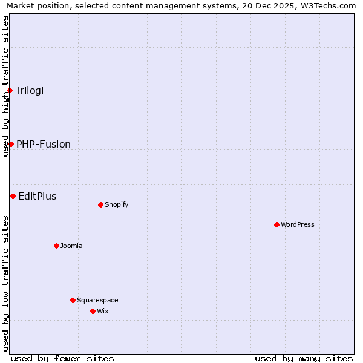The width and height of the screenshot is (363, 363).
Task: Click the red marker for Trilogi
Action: [x=10, y=90]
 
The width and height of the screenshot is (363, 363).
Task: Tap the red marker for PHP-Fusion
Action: [x=11, y=144]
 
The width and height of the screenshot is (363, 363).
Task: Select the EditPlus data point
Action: [x=13, y=196]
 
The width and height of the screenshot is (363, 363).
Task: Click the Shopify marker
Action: [x=100, y=204]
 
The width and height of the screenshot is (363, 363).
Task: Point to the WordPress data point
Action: [x=276, y=224]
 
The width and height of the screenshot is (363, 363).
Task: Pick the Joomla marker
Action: [x=56, y=246]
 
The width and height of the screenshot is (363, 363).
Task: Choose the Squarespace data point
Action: [x=73, y=300]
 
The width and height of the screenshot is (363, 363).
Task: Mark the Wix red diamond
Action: [x=93, y=311]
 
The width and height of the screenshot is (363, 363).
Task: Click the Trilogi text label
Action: [x=30, y=90]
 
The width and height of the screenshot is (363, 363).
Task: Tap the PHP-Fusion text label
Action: [x=44, y=144]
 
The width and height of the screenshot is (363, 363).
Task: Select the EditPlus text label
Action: [x=38, y=196]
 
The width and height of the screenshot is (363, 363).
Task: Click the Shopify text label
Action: [x=117, y=204]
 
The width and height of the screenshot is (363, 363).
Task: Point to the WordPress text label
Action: [x=298, y=224]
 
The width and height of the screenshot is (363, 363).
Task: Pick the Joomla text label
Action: [x=71, y=246]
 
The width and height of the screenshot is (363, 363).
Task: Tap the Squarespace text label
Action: [x=97, y=300]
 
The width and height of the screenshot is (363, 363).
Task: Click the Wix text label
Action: [x=103, y=311]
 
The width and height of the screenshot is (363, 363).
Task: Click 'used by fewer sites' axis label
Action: [x=62, y=358]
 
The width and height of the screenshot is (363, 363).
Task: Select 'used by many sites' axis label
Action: [x=304, y=358]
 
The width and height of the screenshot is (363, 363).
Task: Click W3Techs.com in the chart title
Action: [x=326, y=5]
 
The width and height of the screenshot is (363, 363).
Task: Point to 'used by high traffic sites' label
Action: [x=5, y=86]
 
